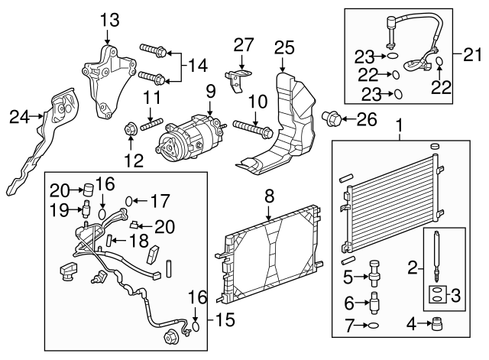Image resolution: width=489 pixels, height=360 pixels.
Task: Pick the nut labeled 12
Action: coord(131,130)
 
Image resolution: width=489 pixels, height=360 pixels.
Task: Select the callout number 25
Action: coord(284,47)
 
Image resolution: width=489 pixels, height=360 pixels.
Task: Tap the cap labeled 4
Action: coord(438,323)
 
